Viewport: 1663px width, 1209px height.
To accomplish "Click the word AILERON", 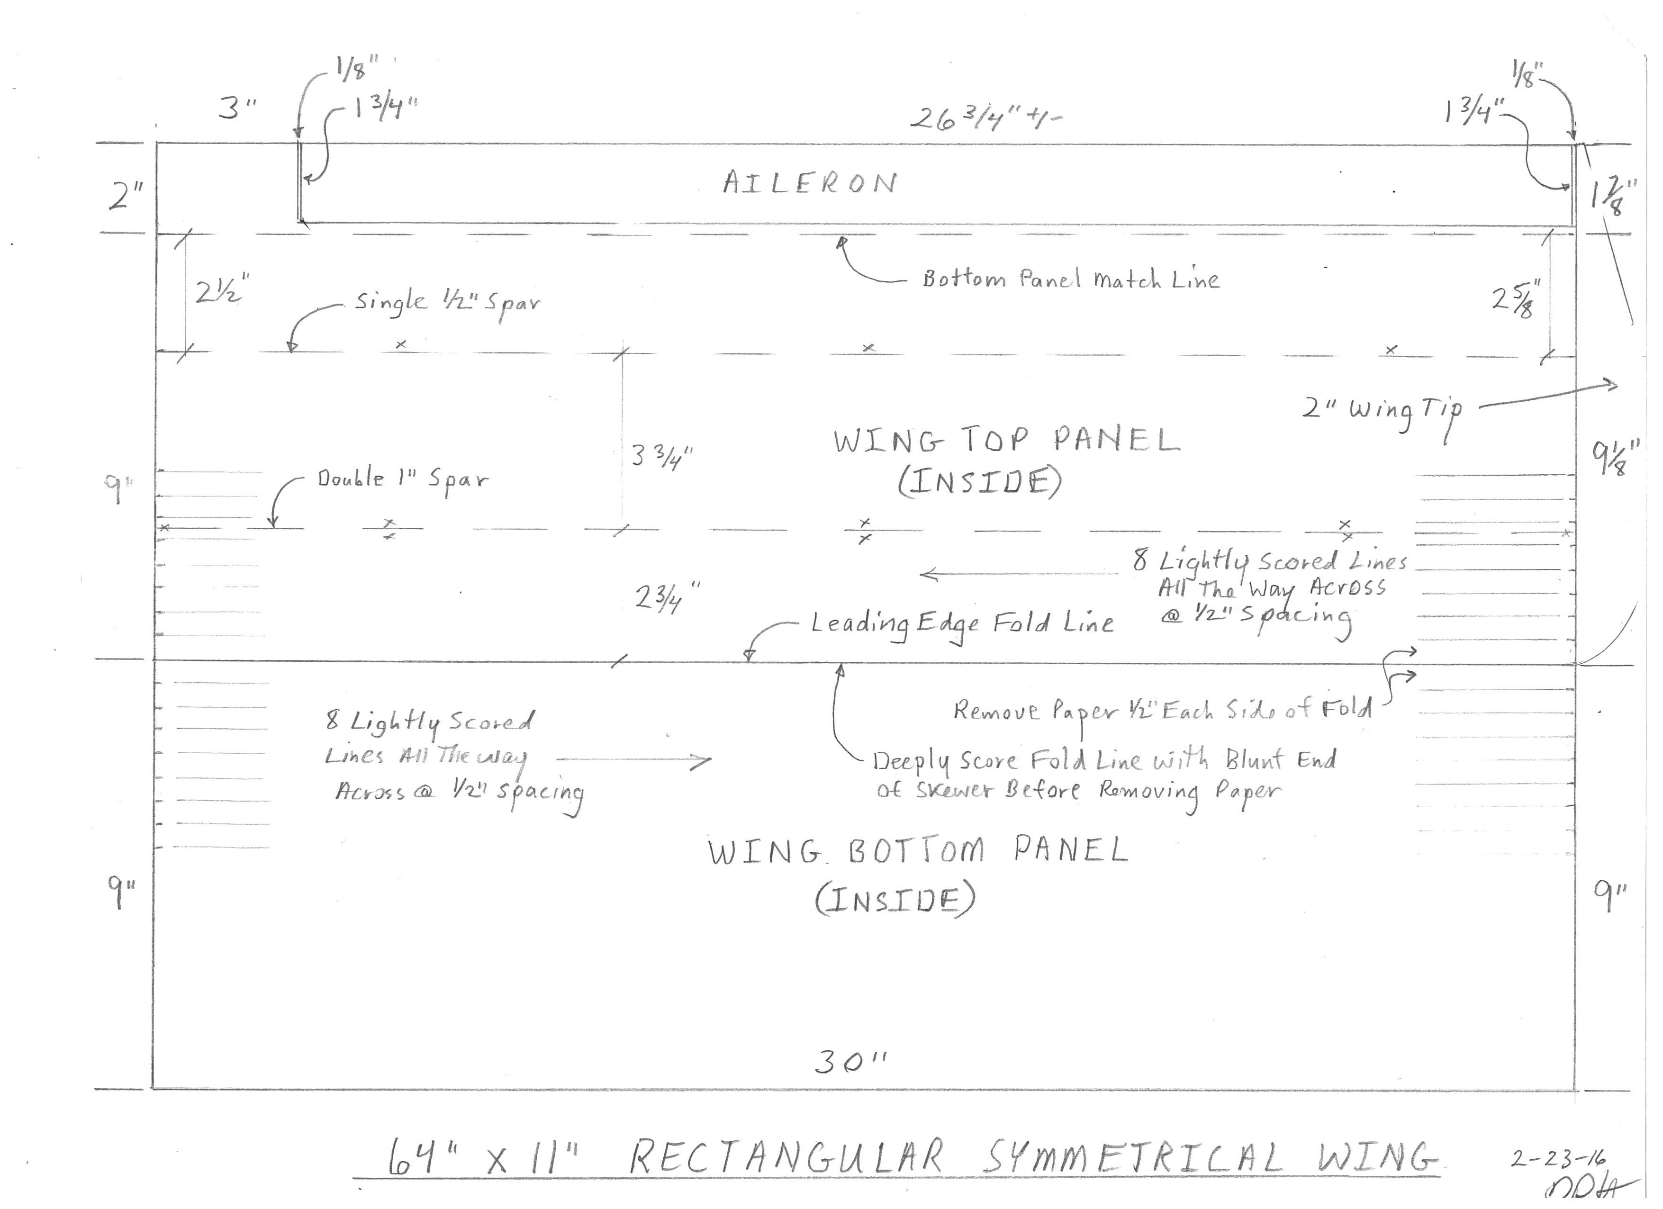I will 810,182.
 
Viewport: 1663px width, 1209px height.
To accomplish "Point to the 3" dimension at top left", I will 237,108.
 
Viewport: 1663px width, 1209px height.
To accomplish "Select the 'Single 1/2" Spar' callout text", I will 447,303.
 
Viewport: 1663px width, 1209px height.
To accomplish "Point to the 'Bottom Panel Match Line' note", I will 1071,280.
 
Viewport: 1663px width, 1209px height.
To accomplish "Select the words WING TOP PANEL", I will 1006,441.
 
